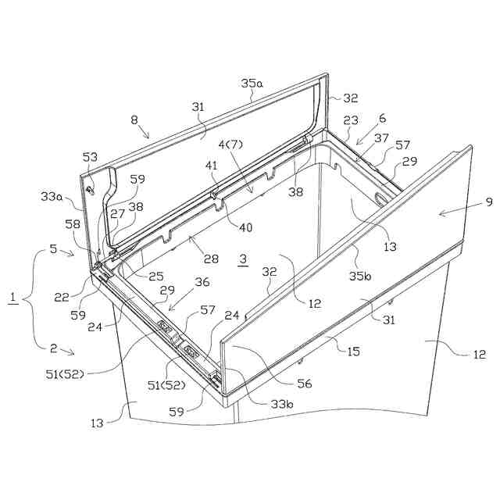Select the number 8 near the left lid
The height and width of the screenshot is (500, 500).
click(x=134, y=120)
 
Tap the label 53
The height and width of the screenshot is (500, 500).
click(x=91, y=159)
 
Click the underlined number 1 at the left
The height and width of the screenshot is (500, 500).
click(x=12, y=298)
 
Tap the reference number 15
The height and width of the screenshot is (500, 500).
click(x=353, y=351)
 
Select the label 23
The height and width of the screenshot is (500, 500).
click(x=350, y=120)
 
